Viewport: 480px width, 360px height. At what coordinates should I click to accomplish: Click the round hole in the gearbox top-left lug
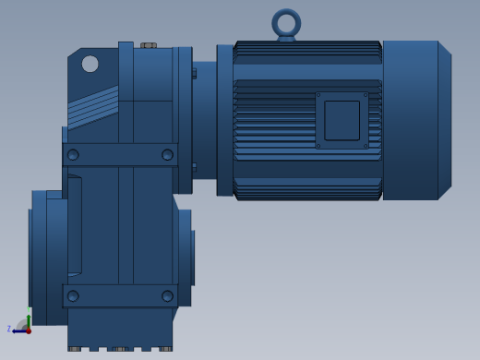pyautogui.click(x=90, y=64)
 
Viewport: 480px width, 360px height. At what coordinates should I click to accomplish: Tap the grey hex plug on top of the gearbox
pyautogui.click(x=149, y=45)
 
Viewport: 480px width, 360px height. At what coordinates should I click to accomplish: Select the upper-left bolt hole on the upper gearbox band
pyautogui.click(x=73, y=154)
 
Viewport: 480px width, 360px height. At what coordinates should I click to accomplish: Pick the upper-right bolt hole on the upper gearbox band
pyautogui.click(x=167, y=154)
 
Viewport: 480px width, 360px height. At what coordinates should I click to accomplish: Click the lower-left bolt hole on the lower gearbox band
pyautogui.click(x=73, y=296)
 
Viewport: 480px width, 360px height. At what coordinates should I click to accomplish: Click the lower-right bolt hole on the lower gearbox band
pyautogui.click(x=167, y=296)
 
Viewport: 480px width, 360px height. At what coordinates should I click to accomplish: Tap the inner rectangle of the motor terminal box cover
pyautogui.click(x=342, y=121)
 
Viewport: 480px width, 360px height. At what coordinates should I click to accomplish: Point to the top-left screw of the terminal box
pyautogui.click(x=318, y=95)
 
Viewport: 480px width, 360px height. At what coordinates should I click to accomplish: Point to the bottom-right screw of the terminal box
pyautogui.click(x=366, y=146)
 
